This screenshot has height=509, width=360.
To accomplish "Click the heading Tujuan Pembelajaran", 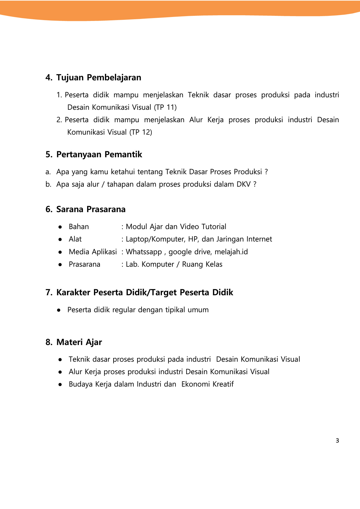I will click(98, 77).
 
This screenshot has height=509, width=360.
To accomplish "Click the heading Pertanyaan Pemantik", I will click(99, 154).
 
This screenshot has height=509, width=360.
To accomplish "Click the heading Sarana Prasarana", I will click(91, 209).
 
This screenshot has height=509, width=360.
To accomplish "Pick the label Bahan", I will click(79, 227).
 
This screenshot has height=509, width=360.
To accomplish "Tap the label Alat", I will click(75, 239).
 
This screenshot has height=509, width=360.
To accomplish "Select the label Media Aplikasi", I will click(93, 252).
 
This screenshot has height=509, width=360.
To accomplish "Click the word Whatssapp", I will click(144, 252).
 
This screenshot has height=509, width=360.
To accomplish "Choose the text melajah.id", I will click(231, 252).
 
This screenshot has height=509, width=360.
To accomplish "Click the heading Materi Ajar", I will click(79, 342).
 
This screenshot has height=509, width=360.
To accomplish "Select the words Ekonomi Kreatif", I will click(207, 384).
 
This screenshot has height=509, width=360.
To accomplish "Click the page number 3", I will click(337, 441).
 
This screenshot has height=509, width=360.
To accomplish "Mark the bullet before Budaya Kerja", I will click(60, 385).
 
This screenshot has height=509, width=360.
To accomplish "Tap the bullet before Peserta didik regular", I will click(59, 310).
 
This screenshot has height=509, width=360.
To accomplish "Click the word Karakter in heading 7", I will click(74, 292).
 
